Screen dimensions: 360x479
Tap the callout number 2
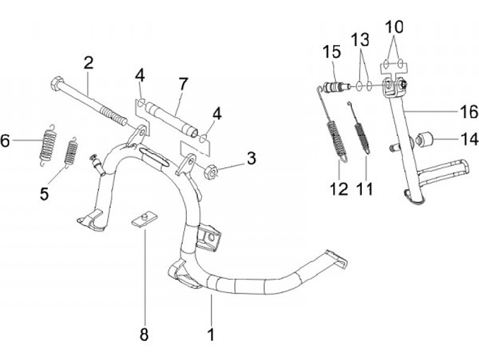(x=88, y=63)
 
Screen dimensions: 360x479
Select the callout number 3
(x=251, y=158)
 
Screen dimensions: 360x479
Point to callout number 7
(x=182, y=84)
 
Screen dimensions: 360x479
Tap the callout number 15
(x=332, y=52)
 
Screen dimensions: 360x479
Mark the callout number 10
(x=395, y=27)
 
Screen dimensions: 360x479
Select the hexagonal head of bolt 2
(x=56, y=85)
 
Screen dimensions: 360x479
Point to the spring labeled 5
(x=70, y=152)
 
